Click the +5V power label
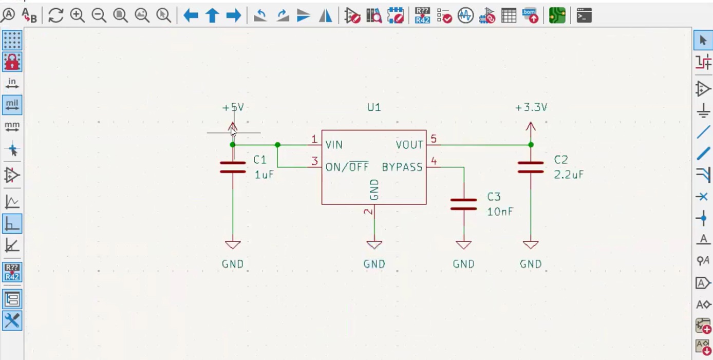tap(233, 107)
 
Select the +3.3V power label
tap(531, 107)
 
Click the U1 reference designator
tap(374, 107)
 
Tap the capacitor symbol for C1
tap(233, 167)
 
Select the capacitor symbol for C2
tap(531, 167)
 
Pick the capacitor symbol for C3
tap(463, 204)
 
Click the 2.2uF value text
tap(569, 175)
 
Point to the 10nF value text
tap(500, 212)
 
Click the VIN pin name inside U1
tap(334, 145)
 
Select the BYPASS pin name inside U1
tap(402, 167)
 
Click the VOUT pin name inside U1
tap(409, 145)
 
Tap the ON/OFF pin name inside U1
tap(347, 167)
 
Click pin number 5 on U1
tap(434, 139)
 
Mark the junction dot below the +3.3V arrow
tap(531, 145)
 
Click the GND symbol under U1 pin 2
tap(374, 245)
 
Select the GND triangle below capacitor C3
tap(463, 245)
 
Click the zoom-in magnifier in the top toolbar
tap(78, 15)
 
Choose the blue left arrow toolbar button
tap(191, 15)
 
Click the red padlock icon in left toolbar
tap(12, 62)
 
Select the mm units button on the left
tap(12, 126)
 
